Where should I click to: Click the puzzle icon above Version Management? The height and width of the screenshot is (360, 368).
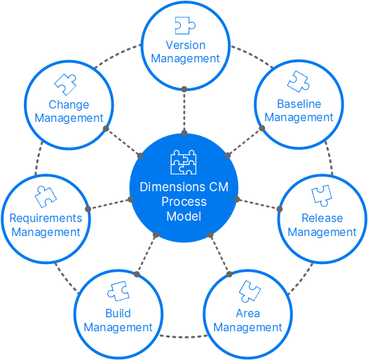(185, 25)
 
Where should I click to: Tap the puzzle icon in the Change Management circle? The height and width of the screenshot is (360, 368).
(65, 85)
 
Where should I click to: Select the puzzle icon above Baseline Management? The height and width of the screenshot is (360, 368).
(299, 82)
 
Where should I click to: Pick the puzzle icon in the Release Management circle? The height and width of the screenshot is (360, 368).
(322, 196)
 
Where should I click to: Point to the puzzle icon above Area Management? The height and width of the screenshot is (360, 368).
(250, 291)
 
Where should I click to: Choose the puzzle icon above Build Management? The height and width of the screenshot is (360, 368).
(118, 291)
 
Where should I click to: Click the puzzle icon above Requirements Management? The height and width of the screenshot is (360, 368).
(46, 197)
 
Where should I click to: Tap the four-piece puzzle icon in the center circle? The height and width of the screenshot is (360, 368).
(183, 162)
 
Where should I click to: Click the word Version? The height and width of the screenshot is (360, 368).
(186, 45)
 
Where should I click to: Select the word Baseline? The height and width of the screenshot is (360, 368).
(299, 104)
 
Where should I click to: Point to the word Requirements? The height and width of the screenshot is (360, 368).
(46, 219)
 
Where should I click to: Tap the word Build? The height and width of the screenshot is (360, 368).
(118, 313)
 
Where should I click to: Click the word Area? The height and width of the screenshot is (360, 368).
(248, 313)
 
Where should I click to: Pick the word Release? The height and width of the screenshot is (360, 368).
(322, 218)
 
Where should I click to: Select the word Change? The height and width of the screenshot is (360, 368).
(69, 104)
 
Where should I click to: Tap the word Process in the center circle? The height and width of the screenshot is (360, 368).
(184, 202)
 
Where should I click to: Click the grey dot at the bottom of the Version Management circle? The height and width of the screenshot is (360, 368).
(184, 89)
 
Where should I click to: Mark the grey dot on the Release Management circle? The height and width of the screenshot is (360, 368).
(280, 209)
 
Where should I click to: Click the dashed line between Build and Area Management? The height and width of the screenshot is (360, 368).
(184, 337)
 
